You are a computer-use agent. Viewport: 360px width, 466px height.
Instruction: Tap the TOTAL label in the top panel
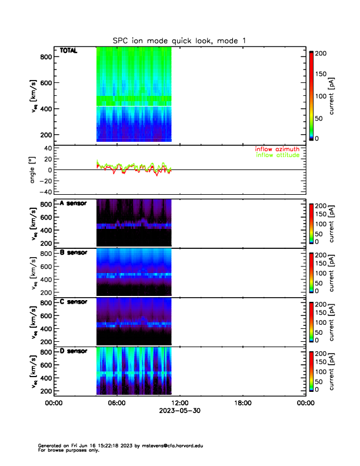(69, 52)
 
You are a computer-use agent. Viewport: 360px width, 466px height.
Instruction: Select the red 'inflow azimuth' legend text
(277, 149)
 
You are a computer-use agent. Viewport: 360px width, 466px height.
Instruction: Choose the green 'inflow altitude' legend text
(277, 156)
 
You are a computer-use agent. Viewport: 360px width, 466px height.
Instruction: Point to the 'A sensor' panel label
(74, 204)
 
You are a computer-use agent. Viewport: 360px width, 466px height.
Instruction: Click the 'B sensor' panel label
(74, 253)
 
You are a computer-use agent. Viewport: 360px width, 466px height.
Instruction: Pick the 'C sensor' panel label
(74, 302)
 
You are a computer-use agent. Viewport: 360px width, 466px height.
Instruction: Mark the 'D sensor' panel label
(74, 351)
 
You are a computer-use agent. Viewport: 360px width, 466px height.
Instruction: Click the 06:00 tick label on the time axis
(116, 403)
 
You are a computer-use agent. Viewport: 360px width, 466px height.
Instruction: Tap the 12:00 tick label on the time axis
(179, 403)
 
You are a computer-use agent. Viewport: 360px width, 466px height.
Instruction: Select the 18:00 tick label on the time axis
(242, 403)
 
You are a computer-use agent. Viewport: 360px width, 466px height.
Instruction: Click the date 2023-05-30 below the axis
(179, 411)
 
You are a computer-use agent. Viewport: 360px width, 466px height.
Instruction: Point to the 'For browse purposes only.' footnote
(65, 450)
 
